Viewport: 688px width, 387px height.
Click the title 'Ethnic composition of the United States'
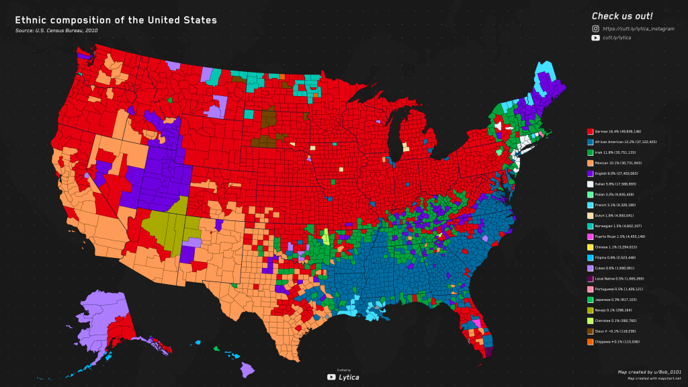point(116,20)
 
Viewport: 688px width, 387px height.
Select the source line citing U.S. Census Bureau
point(56,31)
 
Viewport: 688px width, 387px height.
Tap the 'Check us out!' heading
point(621,16)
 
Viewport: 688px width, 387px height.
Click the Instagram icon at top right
point(595,29)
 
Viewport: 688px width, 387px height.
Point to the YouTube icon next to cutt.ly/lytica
point(595,38)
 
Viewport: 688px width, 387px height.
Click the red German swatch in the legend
point(591,132)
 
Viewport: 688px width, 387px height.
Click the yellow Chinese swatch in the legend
point(591,247)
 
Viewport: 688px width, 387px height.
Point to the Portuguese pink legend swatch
point(591,289)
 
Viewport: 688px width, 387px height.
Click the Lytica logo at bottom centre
point(343,376)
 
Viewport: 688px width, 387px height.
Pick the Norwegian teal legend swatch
point(591,226)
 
